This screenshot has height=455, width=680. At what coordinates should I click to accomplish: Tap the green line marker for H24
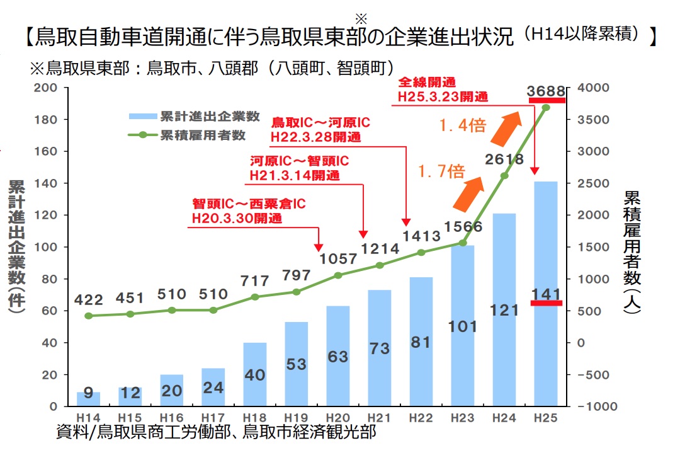(x=504, y=175)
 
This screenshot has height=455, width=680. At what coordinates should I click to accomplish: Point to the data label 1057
(x=339, y=259)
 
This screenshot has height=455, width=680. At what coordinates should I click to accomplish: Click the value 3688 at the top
(x=546, y=92)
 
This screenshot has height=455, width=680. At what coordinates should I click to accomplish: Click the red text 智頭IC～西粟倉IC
(x=249, y=204)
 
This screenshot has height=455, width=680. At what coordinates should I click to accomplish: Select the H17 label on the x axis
(x=213, y=418)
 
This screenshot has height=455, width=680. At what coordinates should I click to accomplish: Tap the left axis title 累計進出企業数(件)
(x=17, y=246)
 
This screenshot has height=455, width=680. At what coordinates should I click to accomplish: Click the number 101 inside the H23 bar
(x=463, y=326)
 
